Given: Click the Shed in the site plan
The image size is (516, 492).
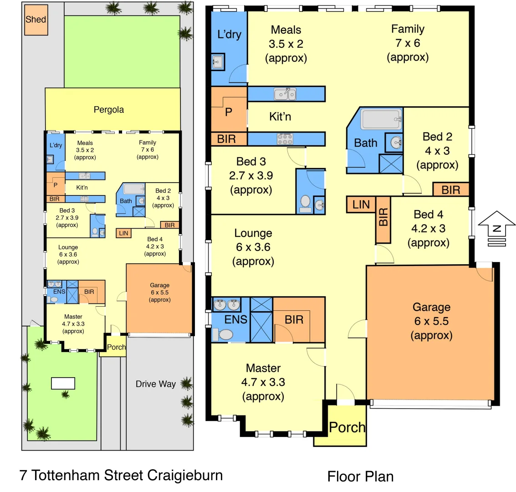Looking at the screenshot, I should click(x=36, y=20).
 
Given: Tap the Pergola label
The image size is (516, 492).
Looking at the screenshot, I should click(x=108, y=110).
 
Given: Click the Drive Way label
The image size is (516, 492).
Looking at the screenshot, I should click(x=155, y=384).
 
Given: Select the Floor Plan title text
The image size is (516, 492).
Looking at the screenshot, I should click(x=360, y=477).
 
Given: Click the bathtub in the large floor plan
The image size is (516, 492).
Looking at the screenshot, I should click(x=381, y=119).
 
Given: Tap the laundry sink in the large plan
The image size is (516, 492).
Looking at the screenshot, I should click(x=218, y=62).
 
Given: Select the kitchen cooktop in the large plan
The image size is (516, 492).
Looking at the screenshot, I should click(x=285, y=139).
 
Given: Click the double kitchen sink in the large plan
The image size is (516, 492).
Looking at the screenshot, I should click(x=285, y=94).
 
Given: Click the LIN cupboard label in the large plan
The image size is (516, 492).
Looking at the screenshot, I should click(x=361, y=205).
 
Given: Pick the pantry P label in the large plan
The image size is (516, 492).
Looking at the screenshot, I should click(x=229, y=112).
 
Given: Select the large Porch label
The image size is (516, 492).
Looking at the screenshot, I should click(x=347, y=428).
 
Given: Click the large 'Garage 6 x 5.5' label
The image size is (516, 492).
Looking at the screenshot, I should click(x=431, y=321).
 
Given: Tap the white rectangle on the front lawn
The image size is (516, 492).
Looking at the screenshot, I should click(x=63, y=383).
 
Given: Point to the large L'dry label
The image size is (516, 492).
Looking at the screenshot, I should click(x=229, y=34).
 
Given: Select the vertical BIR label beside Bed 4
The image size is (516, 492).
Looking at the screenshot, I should click(x=383, y=217).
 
